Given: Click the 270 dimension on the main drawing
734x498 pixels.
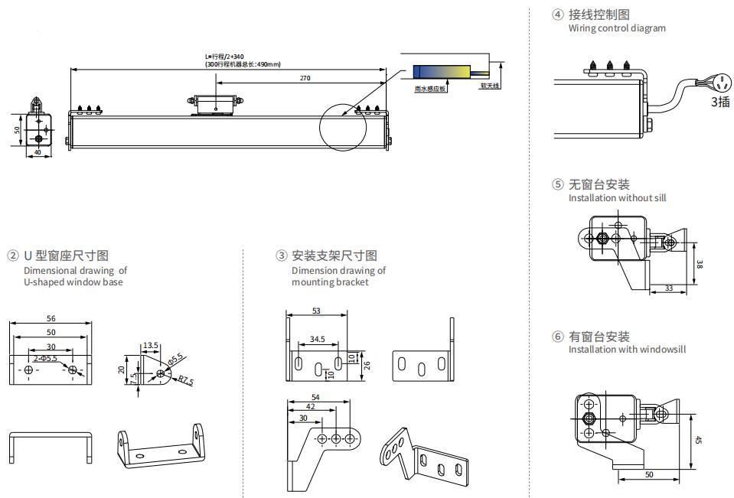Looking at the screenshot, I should (x=305, y=78).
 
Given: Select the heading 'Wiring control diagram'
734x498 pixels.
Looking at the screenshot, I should (x=617, y=28).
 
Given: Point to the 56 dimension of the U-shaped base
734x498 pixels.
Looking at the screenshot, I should (x=51, y=318).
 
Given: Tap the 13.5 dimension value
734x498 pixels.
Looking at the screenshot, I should (x=150, y=346).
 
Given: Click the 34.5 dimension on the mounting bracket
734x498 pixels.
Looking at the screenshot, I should (x=317, y=338).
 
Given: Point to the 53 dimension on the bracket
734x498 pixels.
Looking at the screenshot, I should (x=317, y=311).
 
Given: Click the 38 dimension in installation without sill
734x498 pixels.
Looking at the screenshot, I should (x=700, y=264).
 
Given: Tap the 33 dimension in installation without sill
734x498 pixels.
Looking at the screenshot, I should (x=669, y=288).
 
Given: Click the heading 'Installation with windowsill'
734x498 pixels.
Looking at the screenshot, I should (x=627, y=350).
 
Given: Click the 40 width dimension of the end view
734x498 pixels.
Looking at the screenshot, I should (x=38, y=152).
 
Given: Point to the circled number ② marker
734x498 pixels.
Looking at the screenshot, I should (x=13, y=256).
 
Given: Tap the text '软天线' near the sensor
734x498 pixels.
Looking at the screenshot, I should (x=489, y=86).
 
